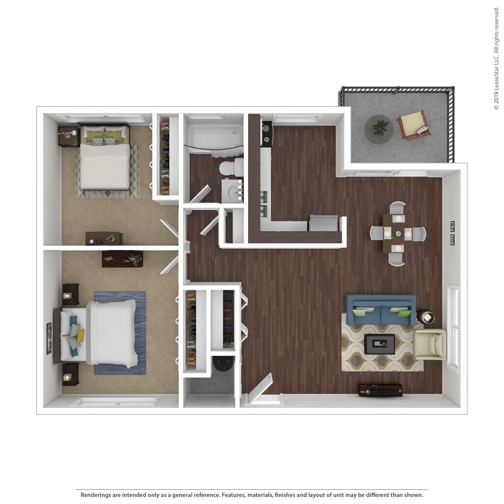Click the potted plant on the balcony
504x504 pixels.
pyautogui.click(x=379, y=128)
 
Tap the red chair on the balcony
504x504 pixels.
pyautogui.click(x=413, y=125)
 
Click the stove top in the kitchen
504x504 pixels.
pyautogui.click(x=267, y=134)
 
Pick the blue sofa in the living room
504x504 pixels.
pyautogui.click(x=381, y=310)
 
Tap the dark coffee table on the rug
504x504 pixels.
pyautogui.click(x=379, y=344)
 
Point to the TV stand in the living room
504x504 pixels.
pyautogui.click(x=380, y=390)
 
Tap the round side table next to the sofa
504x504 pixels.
pyautogui.click(x=425, y=316)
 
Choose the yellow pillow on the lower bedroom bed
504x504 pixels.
pyautogui.click(x=80, y=336)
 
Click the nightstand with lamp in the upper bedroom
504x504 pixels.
pyautogui.click(x=68, y=136)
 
